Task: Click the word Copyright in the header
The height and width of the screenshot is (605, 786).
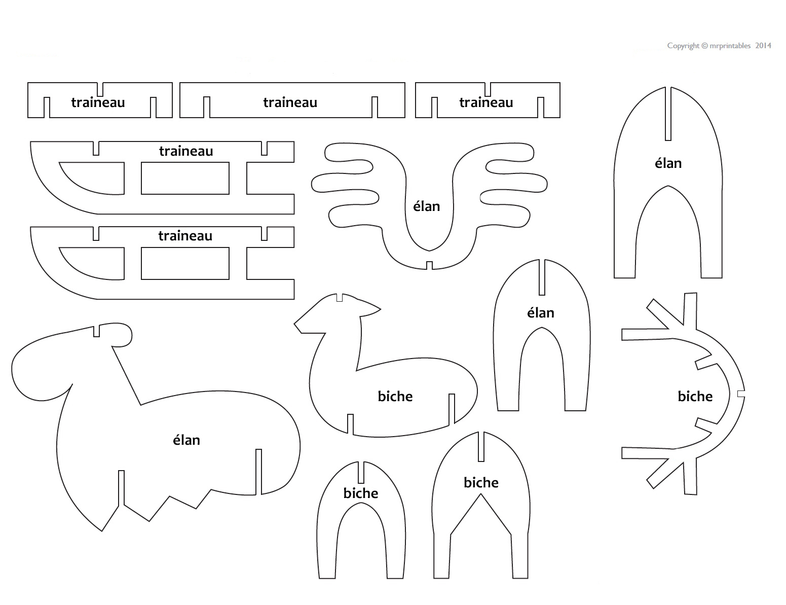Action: (683, 46)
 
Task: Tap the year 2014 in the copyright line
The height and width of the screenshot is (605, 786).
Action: (763, 46)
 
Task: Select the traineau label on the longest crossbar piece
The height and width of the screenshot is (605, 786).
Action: (290, 102)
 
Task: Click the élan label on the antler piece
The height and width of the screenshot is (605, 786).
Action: (426, 206)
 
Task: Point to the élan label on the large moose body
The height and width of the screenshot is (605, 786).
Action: (186, 440)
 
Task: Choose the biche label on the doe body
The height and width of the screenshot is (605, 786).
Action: (395, 396)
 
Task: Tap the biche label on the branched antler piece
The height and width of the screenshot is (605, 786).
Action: (695, 396)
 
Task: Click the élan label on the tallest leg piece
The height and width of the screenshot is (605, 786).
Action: (668, 163)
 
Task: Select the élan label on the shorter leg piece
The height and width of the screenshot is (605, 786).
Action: (540, 313)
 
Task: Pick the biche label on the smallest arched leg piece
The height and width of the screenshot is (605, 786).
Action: (361, 493)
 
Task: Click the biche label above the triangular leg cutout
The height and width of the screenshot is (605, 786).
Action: (481, 482)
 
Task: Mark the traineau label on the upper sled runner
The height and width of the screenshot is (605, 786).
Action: (186, 151)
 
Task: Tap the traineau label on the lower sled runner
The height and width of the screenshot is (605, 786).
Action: (185, 236)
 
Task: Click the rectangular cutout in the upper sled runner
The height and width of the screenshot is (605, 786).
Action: (185, 178)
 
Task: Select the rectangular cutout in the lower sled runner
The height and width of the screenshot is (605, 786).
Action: (185, 263)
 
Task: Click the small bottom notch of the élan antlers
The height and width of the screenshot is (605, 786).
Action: (429, 265)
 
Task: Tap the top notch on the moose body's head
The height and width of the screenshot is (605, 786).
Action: (96, 330)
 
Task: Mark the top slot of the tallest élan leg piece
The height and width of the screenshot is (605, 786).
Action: (668, 114)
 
